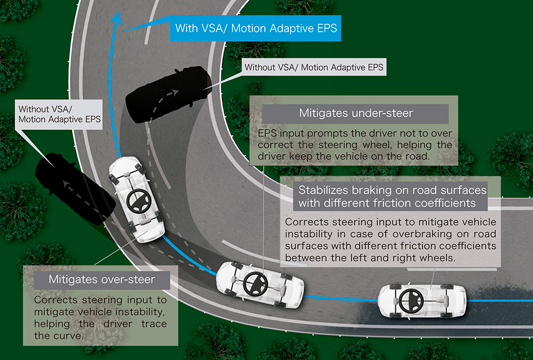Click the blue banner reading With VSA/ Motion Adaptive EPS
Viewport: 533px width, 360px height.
[x=255, y=29]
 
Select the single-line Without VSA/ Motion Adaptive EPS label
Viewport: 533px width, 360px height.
[x=314, y=67]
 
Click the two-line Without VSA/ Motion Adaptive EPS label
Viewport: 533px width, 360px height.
[x=59, y=114]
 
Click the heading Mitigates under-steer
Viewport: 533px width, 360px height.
[x=356, y=114]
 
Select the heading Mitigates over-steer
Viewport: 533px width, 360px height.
[x=102, y=280]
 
